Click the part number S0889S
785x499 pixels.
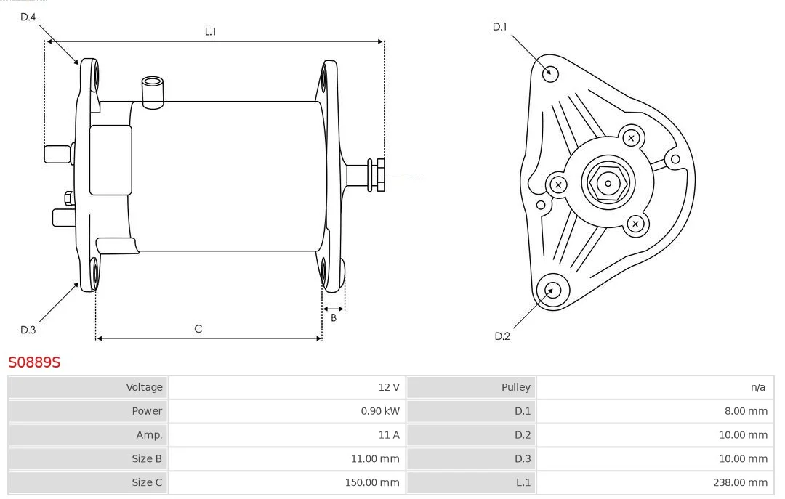(x=34, y=362)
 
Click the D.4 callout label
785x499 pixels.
(x=28, y=17)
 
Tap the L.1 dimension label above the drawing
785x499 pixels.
(x=210, y=31)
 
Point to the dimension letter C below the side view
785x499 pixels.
(x=198, y=329)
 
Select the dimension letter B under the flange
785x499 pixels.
(x=334, y=318)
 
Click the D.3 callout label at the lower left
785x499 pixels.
(x=28, y=330)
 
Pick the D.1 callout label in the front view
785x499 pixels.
(x=499, y=27)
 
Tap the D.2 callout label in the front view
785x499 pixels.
(x=502, y=336)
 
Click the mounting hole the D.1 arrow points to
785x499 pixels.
(x=551, y=73)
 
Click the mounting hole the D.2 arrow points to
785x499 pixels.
(x=552, y=291)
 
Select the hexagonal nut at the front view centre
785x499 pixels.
(x=608, y=183)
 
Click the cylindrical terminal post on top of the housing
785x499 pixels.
(x=153, y=92)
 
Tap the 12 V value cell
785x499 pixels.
(x=389, y=387)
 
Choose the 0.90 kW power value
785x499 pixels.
(x=380, y=411)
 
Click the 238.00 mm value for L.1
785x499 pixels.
(x=740, y=482)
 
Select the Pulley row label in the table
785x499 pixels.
(x=515, y=387)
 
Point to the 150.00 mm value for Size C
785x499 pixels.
(x=372, y=482)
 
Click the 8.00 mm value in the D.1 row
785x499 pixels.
(x=746, y=411)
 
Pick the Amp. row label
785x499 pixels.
(x=149, y=435)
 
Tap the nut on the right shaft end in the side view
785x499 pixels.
(x=380, y=174)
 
